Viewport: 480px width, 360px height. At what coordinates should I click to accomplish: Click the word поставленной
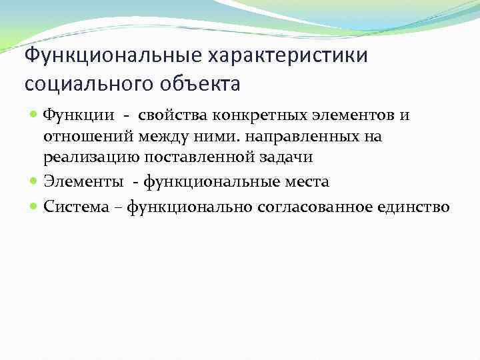pos(193,158)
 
